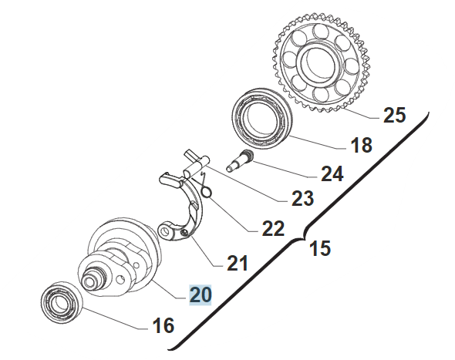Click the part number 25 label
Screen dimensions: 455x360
[x=394, y=115]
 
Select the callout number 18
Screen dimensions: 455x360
[x=361, y=145]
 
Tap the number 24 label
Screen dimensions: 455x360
[x=332, y=173]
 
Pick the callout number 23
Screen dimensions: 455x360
[x=302, y=199]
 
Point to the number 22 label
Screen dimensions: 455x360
[x=273, y=228]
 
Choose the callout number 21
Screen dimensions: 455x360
[x=238, y=263]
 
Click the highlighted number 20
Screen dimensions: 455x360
[x=201, y=295]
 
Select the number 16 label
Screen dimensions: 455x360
[x=163, y=325]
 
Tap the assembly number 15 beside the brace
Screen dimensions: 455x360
[x=320, y=248]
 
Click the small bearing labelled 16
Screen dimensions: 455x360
[x=62, y=302]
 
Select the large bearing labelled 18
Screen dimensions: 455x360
[x=263, y=116]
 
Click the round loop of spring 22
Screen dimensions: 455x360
[x=207, y=192]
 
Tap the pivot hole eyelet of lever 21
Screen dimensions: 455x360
[x=166, y=231]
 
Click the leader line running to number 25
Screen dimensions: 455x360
[x=360, y=114]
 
